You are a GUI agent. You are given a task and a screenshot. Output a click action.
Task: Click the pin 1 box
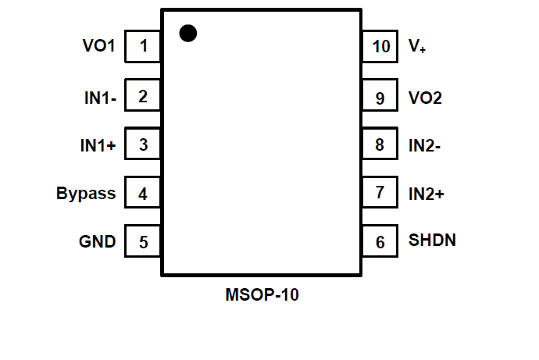pyautogui.click(x=143, y=47)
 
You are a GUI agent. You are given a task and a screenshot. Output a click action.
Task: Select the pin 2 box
pyautogui.click(x=143, y=97)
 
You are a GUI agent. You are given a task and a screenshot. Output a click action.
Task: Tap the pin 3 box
pyautogui.click(x=143, y=144)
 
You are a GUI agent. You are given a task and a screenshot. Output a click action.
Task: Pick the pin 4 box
pyautogui.click(x=143, y=194)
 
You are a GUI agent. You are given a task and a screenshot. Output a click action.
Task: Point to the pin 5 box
pyautogui.click(x=143, y=241)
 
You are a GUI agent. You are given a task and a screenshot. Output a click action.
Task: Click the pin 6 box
pyautogui.click(x=380, y=241)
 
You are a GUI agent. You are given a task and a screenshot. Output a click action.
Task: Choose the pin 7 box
pyautogui.click(x=380, y=192)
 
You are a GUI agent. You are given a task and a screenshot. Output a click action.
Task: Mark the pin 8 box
pyautogui.click(x=380, y=144)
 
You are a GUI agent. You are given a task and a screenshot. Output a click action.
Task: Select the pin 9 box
pyautogui.click(x=380, y=98)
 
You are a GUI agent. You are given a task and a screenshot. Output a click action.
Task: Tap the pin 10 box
pyautogui.click(x=380, y=47)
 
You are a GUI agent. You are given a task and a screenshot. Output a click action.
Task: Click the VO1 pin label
pyautogui.click(x=98, y=47)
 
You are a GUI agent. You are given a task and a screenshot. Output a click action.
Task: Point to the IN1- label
pyautogui.click(x=100, y=98)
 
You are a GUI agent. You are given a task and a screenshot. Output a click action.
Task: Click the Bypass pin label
pyautogui.click(x=86, y=194)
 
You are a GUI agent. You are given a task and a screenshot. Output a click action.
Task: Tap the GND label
pyautogui.click(x=97, y=241)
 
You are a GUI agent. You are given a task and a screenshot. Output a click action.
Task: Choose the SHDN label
pyautogui.click(x=432, y=240)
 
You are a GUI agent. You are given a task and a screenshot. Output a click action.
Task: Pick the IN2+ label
pyautogui.click(x=427, y=193)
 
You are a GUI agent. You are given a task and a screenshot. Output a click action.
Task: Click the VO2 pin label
pyautogui.click(x=426, y=98)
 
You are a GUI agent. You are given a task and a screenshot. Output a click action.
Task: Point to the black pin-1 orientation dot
pyautogui.click(x=187, y=33)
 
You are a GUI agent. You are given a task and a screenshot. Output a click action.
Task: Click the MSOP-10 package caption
pyautogui.click(x=262, y=296)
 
